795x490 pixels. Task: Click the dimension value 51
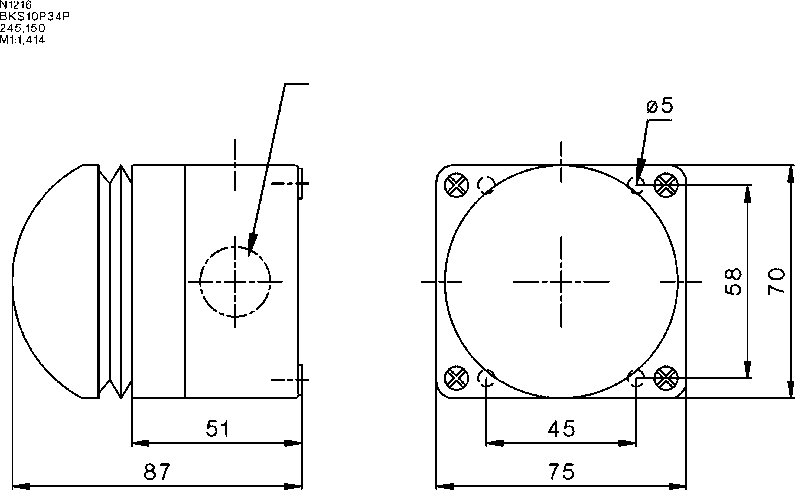coord(218,429)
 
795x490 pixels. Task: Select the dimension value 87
coord(157,472)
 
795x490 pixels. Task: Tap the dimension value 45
coord(561,429)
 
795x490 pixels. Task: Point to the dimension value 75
coord(561,472)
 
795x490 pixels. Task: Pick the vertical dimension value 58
coord(733,282)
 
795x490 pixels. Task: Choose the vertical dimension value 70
coord(776,282)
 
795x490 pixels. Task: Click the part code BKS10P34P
coord(35,16)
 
